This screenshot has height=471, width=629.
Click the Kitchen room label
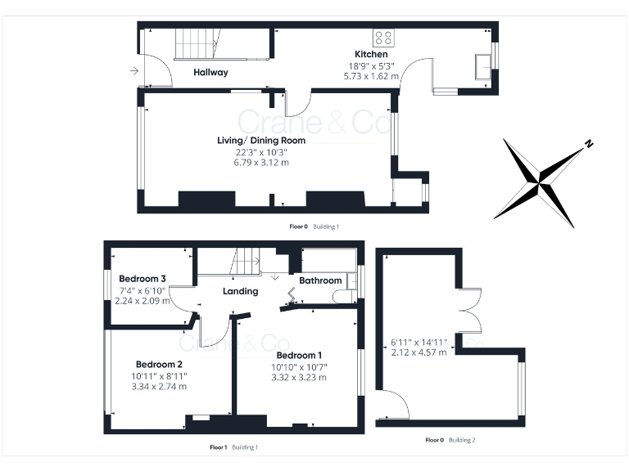371,54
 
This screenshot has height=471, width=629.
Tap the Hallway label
210,73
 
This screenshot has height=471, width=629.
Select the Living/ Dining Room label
260,141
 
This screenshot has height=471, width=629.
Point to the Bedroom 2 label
159,365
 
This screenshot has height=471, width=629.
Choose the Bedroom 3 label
143,279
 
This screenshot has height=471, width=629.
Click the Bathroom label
319,280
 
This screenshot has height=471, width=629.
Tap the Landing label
240,291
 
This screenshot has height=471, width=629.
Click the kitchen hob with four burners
382,37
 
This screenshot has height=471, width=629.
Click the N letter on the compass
588,145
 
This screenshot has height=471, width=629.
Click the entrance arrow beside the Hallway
133,71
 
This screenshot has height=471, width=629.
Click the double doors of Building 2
468,310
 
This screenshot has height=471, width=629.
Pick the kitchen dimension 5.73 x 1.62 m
371,76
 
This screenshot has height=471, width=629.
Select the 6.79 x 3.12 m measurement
260,163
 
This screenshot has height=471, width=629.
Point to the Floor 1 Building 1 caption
233,447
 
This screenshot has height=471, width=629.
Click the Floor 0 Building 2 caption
450,440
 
